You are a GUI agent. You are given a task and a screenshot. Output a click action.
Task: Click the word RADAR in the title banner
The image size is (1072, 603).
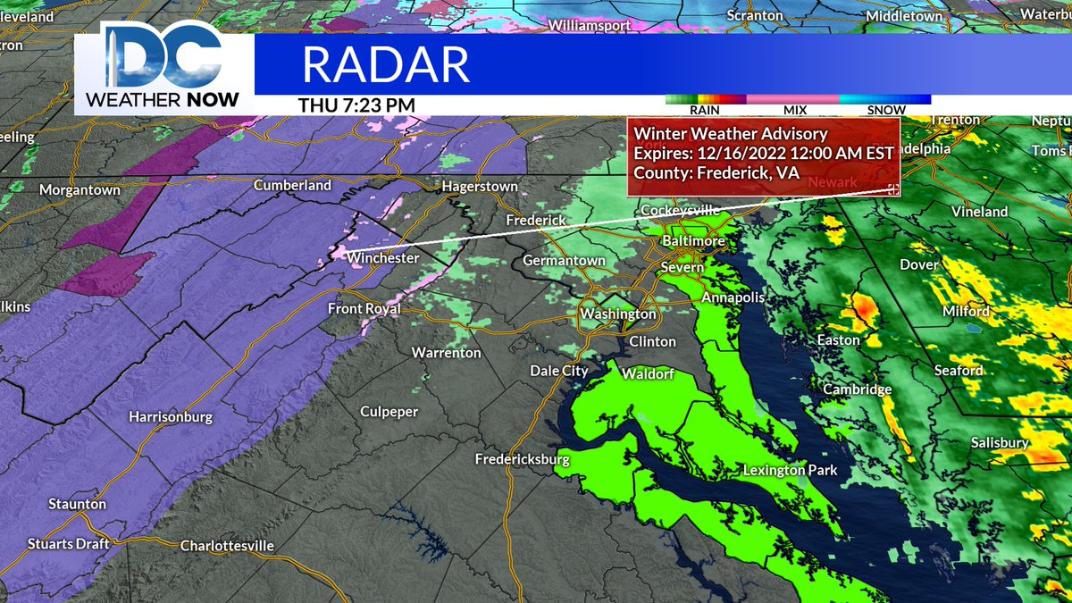click(385, 64)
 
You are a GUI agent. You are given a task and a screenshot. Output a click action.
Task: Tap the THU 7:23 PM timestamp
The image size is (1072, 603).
click(356, 105)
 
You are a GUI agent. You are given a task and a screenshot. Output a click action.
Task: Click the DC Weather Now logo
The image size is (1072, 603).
click(160, 67)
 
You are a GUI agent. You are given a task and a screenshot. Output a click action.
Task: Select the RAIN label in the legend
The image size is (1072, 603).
click(705, 110)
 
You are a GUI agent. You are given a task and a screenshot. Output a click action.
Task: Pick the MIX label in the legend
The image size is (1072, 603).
click(794, 110)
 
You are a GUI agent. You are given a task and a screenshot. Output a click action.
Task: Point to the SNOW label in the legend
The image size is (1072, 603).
click(885, 110)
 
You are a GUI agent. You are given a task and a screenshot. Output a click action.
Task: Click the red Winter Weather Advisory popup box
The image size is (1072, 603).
click(763, 155)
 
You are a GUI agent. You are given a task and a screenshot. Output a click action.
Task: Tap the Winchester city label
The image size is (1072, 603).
click(383, 258)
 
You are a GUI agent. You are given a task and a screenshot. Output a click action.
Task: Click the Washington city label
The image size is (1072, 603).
click(618, 314)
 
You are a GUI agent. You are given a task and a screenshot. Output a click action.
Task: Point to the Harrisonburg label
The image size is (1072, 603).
click(171, 417)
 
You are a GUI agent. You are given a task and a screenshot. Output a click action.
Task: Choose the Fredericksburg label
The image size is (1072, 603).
click(522, 459)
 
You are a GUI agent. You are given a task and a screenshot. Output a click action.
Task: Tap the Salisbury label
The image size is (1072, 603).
click(1001, 442)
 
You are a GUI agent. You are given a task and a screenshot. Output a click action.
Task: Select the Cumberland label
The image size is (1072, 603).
click(292, 186)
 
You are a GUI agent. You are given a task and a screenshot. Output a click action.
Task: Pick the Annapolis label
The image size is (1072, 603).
click(733, 297)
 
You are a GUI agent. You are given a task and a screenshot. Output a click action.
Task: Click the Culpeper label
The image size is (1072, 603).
click(389, 411)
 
